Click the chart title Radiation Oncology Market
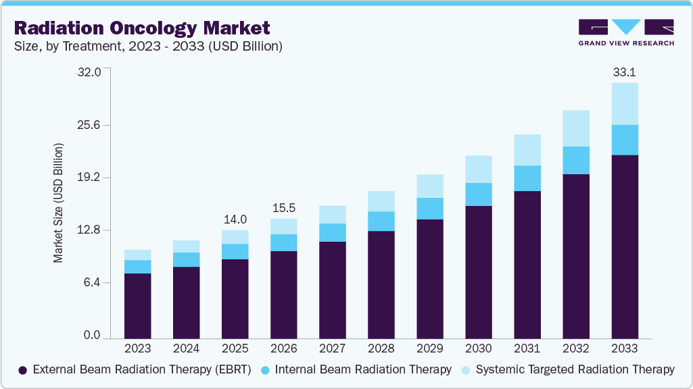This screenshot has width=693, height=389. pyautogui.click(x=141, y=28)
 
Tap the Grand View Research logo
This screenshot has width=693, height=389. pyautogui.click(x=625, y=32)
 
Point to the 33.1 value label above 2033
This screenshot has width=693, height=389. pyautogui.click(x=624, y=72)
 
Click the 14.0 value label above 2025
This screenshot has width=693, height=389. pyautogui.click(x=235, y=219)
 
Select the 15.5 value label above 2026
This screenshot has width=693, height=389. pyautogui.click(x=283, y=208)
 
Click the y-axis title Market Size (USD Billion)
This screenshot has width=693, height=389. pyautogui.click(x=59, y=203)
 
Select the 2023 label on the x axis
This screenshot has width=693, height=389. pyautogui.click(x=137, y=348)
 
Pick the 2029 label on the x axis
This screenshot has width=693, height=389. pyautogui.click(x=429, y=348)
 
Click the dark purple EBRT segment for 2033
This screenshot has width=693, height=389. pyautogui.click(x=624, y=247)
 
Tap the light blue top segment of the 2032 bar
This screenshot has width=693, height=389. pyautogui.click(x=575, y=128)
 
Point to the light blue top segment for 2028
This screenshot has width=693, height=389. pyautogui.click(x=381, y=201)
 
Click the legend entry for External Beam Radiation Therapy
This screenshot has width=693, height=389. pyautogui.click(x=135, y=369)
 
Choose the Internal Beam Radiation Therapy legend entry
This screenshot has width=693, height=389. pyautogui.click(x=357, y=369)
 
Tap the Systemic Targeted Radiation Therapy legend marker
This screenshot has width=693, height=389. pyautogui.click(x=466, y=370)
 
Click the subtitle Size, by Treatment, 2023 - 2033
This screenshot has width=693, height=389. pyautogui.click(x=147, y=47)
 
